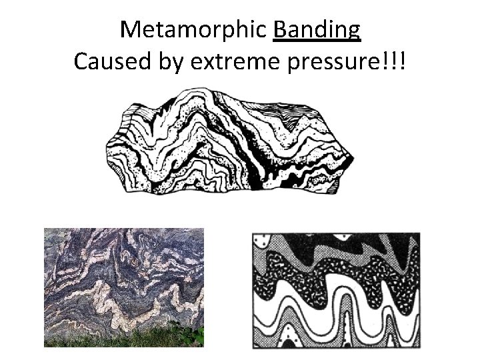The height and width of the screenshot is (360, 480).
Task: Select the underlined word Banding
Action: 317,30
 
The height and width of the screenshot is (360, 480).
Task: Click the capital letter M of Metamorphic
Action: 130,30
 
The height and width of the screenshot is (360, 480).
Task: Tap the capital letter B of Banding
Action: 281,30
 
